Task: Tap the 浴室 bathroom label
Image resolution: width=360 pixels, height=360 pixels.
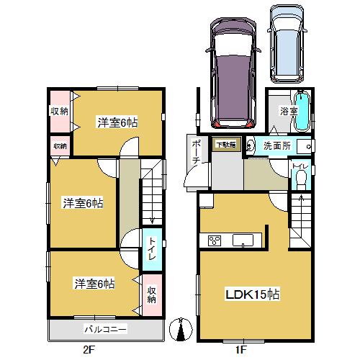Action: (288, 112)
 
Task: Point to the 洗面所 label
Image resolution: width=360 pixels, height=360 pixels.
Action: (276, 145)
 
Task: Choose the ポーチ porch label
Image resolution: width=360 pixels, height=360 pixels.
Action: (195, 152)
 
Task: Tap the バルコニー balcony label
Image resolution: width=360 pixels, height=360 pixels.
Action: (106, 330)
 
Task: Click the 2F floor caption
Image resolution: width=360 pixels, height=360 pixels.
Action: (89, 351)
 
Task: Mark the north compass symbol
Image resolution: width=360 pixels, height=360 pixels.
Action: (181, 330)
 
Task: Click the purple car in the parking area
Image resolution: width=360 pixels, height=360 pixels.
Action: (231, 70)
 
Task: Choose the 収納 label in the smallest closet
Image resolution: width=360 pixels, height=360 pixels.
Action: (59, 146)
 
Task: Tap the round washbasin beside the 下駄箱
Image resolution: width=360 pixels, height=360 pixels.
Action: (250, 145)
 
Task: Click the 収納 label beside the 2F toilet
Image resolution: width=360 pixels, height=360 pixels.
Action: (152, 294)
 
